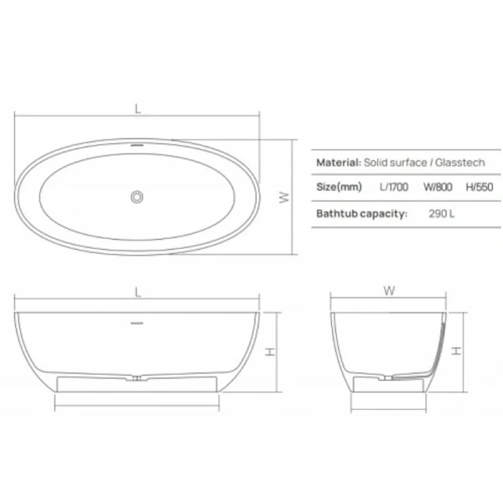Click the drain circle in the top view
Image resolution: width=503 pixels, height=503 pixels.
136,197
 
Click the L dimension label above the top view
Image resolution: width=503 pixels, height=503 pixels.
136,108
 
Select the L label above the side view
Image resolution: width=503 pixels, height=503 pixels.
136,292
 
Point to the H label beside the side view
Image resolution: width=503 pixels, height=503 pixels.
272,352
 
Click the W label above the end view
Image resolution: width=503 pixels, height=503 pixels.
387,292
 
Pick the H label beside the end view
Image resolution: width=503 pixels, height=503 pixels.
456,352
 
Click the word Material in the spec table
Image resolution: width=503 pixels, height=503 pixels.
338,162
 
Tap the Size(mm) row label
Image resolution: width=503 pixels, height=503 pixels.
338,188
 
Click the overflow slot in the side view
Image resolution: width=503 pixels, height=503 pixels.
136,322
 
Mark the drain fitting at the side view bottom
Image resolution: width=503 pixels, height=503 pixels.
136,378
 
